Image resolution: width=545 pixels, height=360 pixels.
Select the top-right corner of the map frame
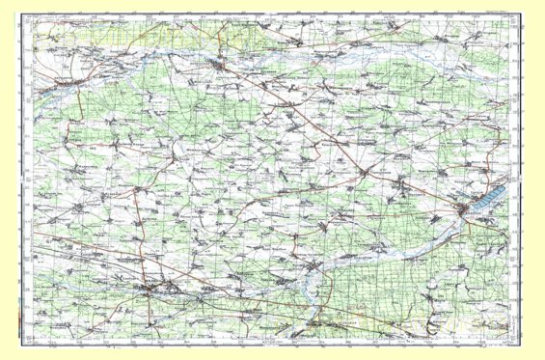514,22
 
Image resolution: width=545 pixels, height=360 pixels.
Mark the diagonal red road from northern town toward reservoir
318,130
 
